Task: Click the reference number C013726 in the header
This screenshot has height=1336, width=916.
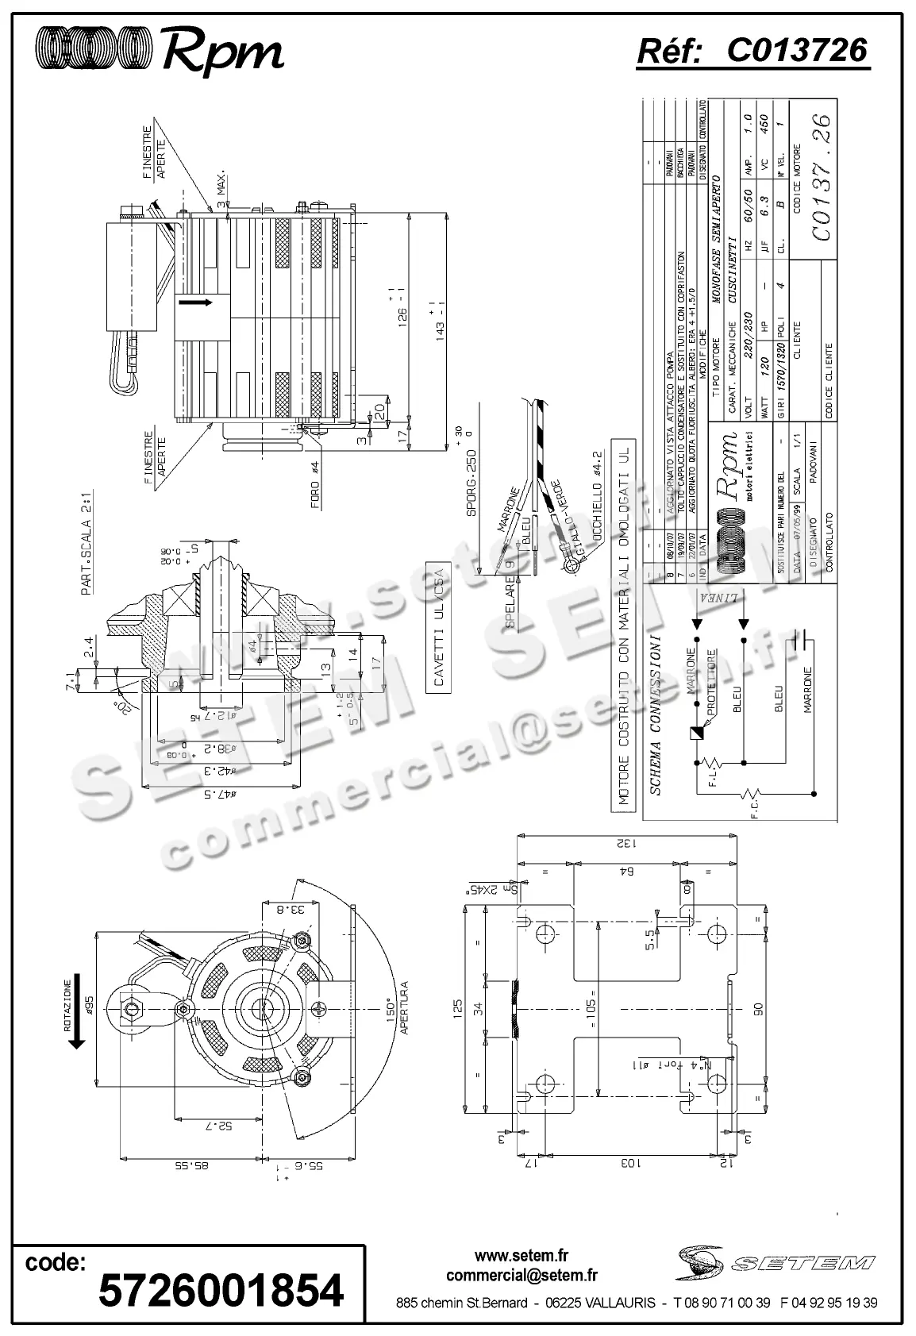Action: click(x=796, y=50)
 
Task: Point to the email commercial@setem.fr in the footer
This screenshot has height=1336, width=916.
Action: click(x=522, y=1275)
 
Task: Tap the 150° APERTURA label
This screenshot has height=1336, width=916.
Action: click(x=397, y=1008)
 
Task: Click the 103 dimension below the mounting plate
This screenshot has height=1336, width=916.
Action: click(x=627, y=1162)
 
